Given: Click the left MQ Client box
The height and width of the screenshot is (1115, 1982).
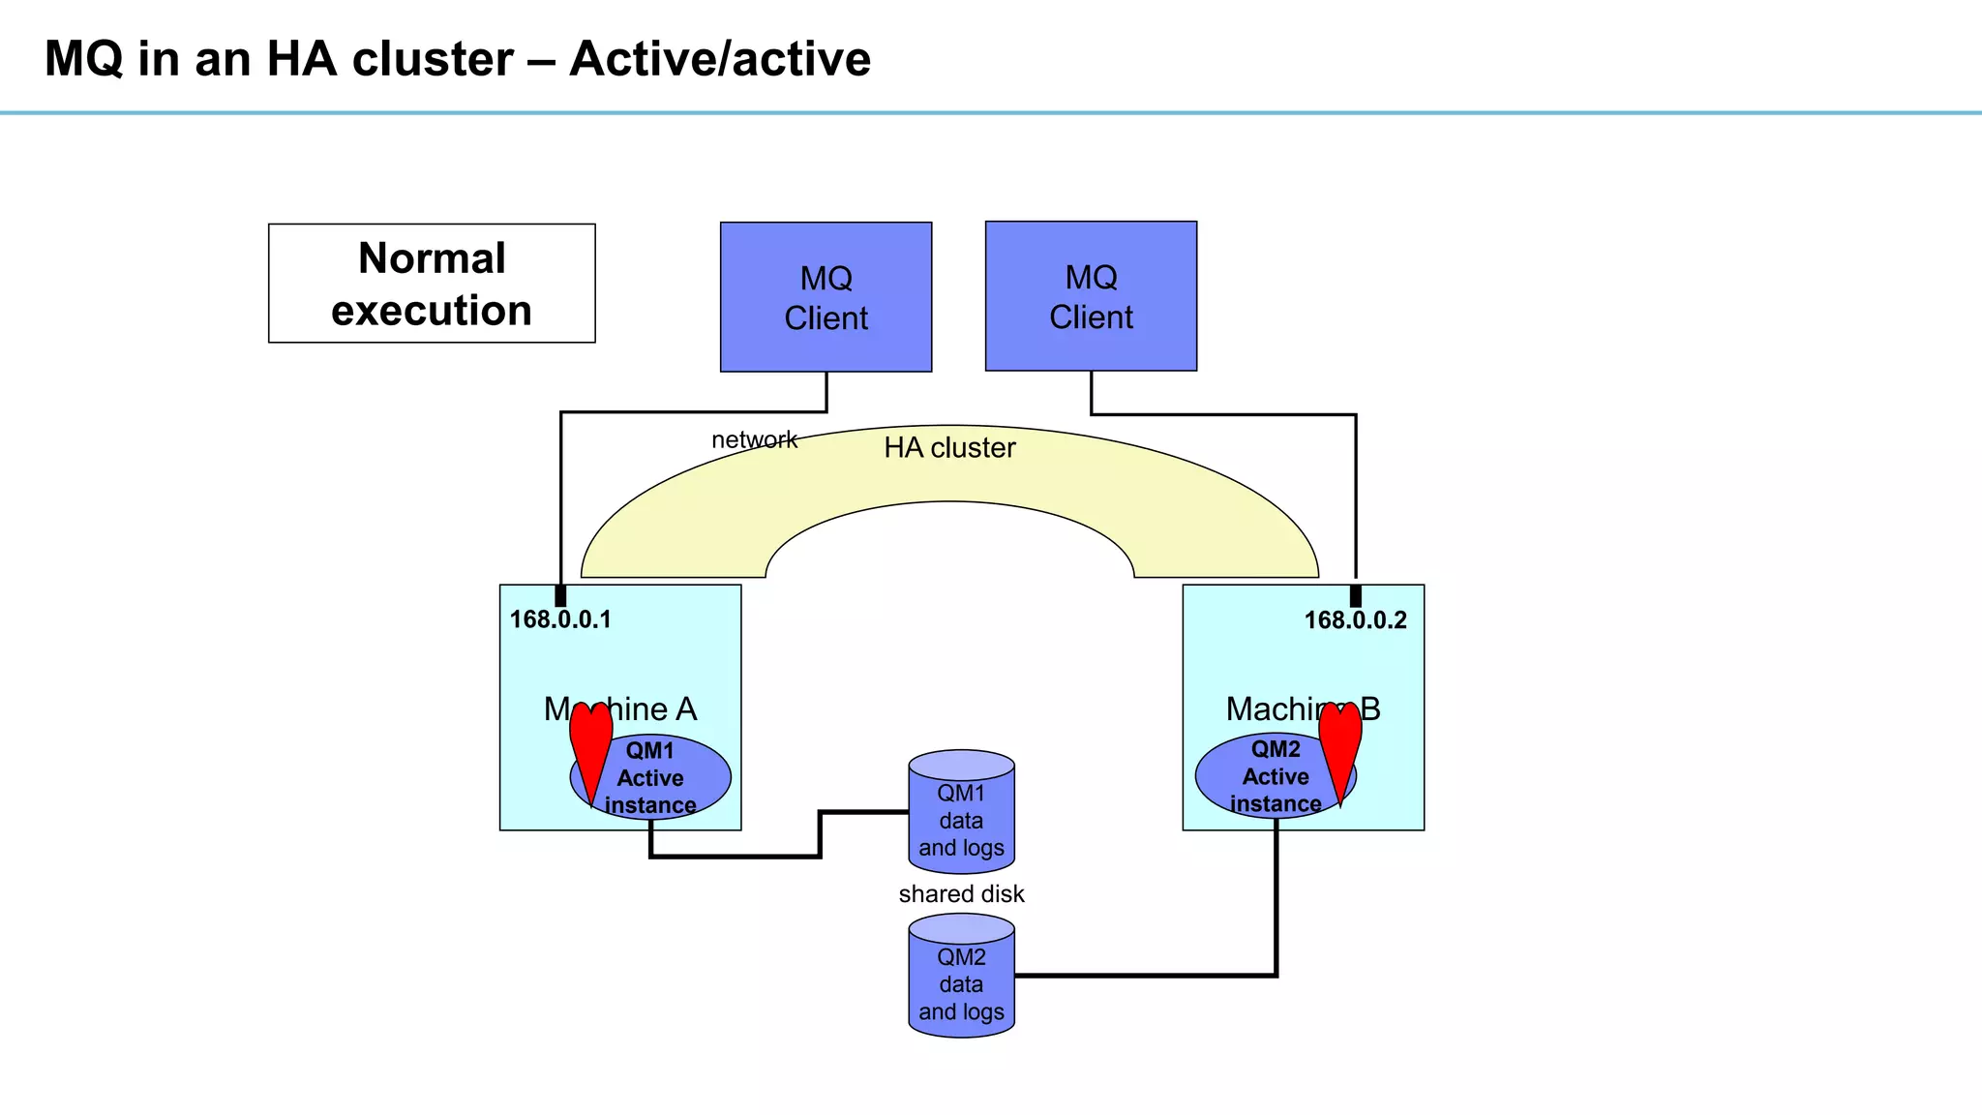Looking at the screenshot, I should point(826,297).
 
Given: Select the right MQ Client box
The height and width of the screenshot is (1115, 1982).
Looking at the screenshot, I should point(1091,296).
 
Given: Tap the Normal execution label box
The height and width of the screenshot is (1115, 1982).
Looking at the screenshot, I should point(432,284).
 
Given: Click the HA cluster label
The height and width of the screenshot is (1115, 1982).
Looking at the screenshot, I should point(949,448).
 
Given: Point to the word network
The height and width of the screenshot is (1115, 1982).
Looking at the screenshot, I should point(754,439).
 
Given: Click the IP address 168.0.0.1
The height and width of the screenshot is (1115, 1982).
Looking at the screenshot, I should point(560,619).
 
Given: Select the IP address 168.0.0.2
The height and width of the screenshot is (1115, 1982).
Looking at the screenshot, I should point(1355,620).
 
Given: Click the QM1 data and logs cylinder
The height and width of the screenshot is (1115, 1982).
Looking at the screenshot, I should point(961,813).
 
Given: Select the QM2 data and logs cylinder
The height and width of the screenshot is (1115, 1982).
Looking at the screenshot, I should point(961,978).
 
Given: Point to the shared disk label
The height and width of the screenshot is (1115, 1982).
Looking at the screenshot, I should point(961,893).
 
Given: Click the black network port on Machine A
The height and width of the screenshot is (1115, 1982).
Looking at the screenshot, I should point(560,595).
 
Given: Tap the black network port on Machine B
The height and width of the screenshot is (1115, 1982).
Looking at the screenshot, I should point(1355,595).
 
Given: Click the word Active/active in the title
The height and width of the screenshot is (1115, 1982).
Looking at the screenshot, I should point(720,59).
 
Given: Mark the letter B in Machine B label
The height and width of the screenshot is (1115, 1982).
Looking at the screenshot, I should point(1370,709).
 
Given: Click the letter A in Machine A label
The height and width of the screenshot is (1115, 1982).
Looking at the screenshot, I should point(686,709).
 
